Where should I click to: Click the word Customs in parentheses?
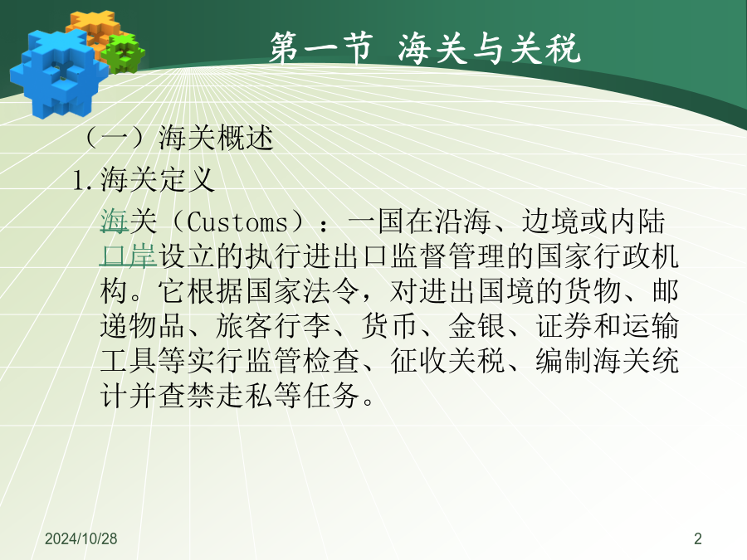[x=237, y=222]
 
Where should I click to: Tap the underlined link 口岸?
[x=128, y=256]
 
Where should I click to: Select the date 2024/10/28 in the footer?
[x=81, y=538]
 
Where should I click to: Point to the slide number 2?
[x=698, y=538]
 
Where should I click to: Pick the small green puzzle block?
[x=124, y=53]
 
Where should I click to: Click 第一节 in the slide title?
[x=320, y=47]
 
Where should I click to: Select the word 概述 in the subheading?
[x=245, y=139]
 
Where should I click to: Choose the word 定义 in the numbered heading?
[x=186, y=180]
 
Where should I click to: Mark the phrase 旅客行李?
[x=273, y=326]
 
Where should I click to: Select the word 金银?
[x=476, y=326]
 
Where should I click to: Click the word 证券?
[x=565, y=326]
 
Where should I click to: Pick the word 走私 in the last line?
[x=245, y=395]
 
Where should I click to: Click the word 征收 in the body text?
[x=419, y=361]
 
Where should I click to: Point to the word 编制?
[x=565, y=361]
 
